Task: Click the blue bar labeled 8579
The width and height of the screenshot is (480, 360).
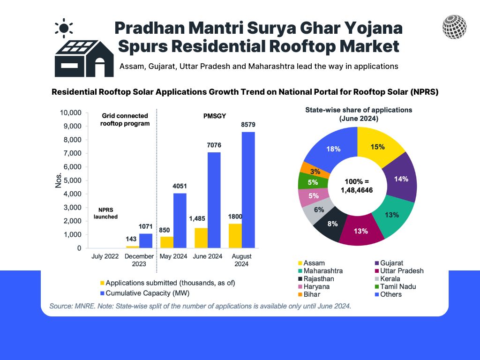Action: [x=249, y=190]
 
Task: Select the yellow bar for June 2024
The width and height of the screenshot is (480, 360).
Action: [x=201, y=238]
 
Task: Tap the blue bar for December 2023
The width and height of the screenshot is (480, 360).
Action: [x=146, y=240]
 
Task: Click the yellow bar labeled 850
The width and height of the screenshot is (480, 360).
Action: [x=166, y=242]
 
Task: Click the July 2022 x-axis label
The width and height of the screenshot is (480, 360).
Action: [x=105, y=256]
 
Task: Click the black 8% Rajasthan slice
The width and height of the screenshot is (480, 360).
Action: [x=332, y=225]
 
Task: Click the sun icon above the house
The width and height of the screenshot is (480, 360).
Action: [x=63, y=28]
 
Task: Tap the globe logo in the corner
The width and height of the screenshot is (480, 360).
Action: [x=454, y=27]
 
